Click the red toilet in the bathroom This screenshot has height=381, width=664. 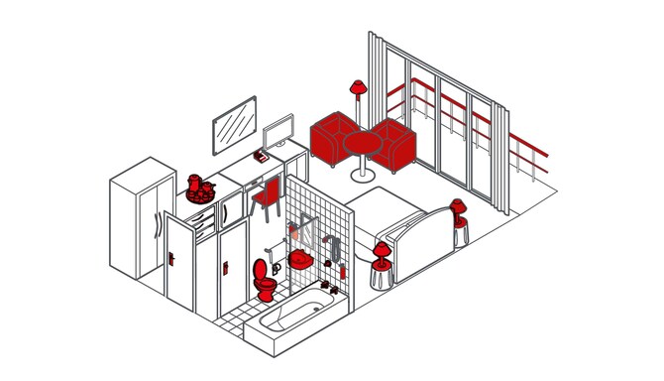(x=264, y=282)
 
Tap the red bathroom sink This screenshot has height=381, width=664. (x=300, y=261)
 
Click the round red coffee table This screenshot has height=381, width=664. (x=363, y=143)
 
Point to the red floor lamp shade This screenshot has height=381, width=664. (x=358, y=88)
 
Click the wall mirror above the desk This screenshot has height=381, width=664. (x=235, y=123)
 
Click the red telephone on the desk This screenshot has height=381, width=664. (x=263, y=157)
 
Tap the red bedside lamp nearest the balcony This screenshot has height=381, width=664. (x=458, y=209)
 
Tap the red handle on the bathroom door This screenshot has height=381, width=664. (x=228, y=266)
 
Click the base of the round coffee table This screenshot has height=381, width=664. (x=363, y=178)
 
